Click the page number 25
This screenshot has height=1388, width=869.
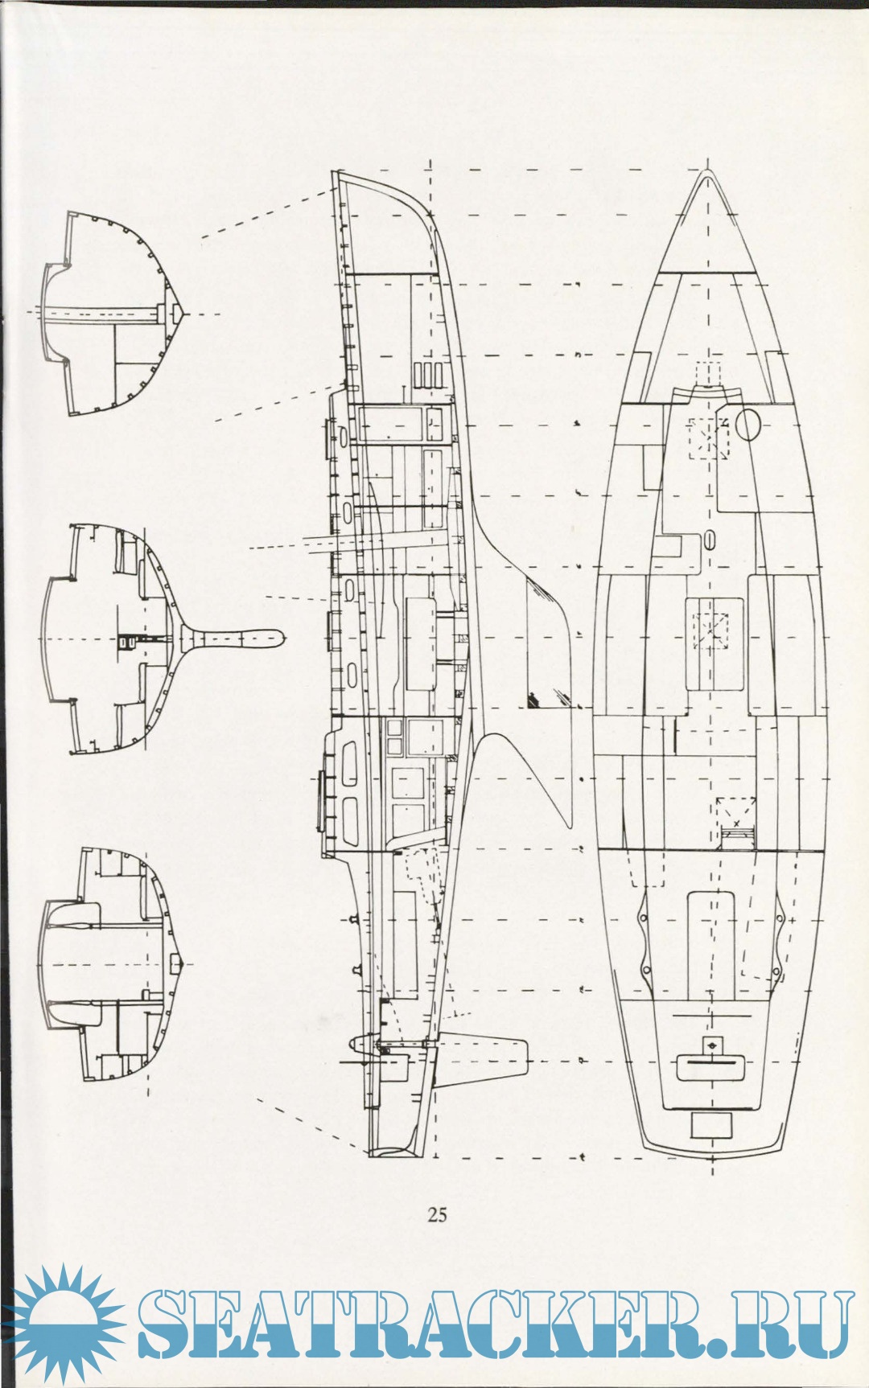click(x=437, y=1214)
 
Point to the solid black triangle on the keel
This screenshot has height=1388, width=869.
click(x=533, y=701)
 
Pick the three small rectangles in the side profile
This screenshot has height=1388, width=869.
click(x=429, y=375)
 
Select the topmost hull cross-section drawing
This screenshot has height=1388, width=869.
click(x=113, y=314)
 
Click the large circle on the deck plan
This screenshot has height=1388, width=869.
click(x=748, y=424)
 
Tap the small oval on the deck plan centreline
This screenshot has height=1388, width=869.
click(x=710, y=539)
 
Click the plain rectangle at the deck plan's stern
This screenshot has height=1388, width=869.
click(x=712, y=1126)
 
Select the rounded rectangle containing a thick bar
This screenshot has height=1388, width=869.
click(x=710, y=1066)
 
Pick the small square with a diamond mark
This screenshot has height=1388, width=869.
click(x=710, y=1044)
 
